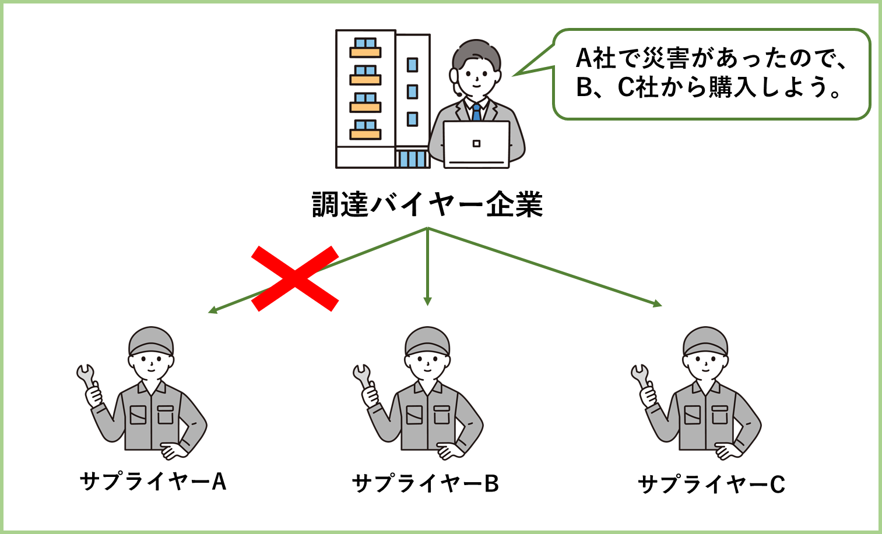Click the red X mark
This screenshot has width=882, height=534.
tap(295, 278)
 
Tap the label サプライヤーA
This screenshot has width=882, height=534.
tap(153, 482)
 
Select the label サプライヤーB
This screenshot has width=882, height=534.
tap(426, 483)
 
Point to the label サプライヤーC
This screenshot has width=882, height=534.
tap(711, 484)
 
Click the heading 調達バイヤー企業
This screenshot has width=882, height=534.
tap(428, 204)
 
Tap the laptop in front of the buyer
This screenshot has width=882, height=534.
tap(476, 144)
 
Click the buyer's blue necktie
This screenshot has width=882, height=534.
tap(477, 112)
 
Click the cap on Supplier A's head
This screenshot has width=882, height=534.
tap(151, 340)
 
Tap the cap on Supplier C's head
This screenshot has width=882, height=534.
tap(705, 340)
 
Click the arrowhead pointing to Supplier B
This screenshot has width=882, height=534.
tap(428, 301)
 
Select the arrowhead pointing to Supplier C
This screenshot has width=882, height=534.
tap(657, 303)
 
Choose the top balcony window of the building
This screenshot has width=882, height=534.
tap(366, 45)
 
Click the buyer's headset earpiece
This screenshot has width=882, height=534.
tap(454, 76)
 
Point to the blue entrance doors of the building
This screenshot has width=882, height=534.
tap(412, 158)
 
